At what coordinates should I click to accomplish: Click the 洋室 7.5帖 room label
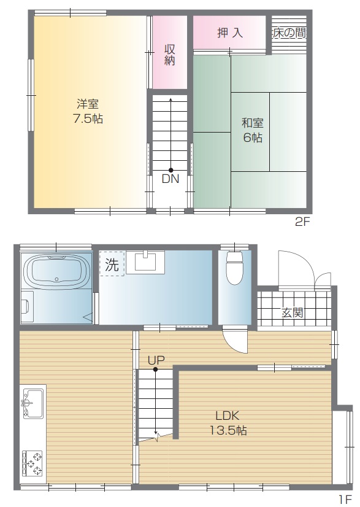tap(88, 112)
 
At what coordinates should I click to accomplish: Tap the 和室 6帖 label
tap(253, 130)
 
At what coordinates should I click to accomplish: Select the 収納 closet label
tap(170, 55)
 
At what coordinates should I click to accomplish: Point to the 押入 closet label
tap(230, 33)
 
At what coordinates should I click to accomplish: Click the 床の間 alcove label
tap(289, 33)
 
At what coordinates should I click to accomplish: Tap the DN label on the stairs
tap(170, 179)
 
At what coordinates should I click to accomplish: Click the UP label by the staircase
tap(156, 360)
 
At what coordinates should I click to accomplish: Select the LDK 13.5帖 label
tap(229, 423)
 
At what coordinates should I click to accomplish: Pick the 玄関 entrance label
tap(293, 312)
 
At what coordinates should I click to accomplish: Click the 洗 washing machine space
tap(112, 264)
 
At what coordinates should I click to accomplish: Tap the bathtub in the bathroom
tap(57, 271)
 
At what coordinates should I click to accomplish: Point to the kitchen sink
tap(33, 403)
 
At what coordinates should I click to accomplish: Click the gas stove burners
tap(33, 463)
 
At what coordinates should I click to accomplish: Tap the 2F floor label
tap(302, 222)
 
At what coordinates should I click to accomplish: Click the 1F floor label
tap(345, 500)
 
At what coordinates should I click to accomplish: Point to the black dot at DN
tap(170, 170)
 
